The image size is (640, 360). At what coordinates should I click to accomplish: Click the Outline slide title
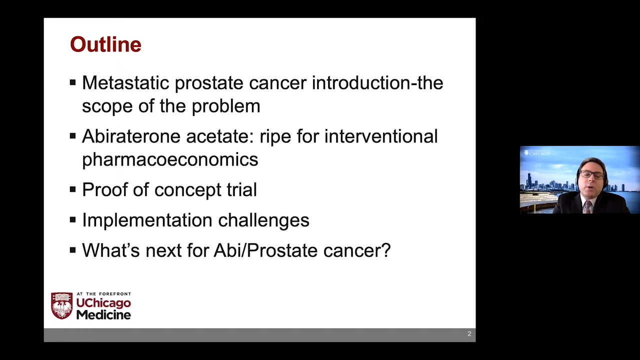[x=105, y=44]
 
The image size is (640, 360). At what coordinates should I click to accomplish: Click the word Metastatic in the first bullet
[x=125, y=82]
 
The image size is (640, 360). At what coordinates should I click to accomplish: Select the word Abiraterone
[x=131, y=136]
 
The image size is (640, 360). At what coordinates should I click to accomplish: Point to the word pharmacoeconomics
[x=170, y=159]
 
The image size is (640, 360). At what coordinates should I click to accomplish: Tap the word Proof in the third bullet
[x=104, y=189]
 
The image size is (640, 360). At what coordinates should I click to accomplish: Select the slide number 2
[x=469, y=333]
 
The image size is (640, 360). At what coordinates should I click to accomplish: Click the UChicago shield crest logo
[x=61, y=305]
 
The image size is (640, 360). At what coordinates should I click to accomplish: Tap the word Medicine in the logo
[x=103, y=315]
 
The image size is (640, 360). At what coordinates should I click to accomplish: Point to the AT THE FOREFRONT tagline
[x=103, y=294]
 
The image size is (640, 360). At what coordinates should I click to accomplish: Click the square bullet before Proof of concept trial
[x=73, y=189]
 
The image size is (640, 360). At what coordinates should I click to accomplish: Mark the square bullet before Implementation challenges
[x=73, y=219]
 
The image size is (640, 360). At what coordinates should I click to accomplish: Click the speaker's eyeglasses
[x=592, y=174]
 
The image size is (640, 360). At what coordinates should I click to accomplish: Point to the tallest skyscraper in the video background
[x=529, y=180]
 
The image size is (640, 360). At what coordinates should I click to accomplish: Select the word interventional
[x=381, y=136]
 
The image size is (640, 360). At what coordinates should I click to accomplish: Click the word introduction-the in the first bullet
[x=377, y=82]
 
